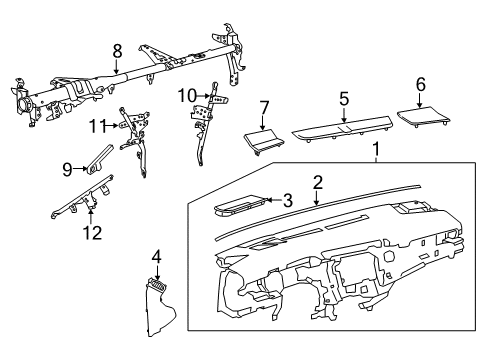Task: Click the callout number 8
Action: coord(117,52)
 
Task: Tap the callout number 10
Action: coord(187,96)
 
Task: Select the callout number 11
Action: coord(97,126)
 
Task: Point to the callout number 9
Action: coord(67,169)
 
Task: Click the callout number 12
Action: coord(92,232)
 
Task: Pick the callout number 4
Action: coord(157,258)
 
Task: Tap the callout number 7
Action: coord(263,108)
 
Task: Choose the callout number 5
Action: coord(344,99)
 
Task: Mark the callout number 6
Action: coord(421,84)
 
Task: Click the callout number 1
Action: coord(376,149)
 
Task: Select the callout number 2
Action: coord(318,183)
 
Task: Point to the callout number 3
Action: coord(287,200)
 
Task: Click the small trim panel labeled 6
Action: coord(424,116)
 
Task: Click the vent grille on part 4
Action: coord(158,285)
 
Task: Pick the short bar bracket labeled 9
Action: coord(100,159)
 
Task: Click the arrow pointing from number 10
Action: coord(203,96)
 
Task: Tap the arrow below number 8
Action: coord(116,67)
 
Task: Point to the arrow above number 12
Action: coord(91,216)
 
